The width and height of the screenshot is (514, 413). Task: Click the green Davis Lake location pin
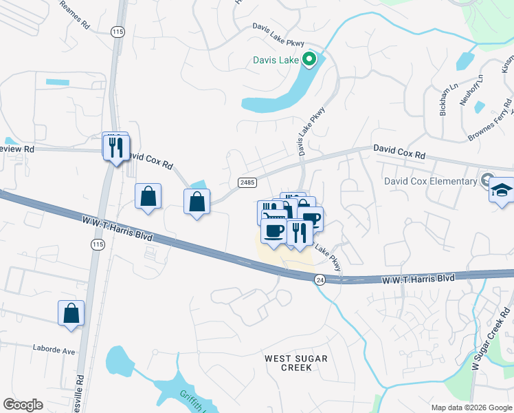point(309,60)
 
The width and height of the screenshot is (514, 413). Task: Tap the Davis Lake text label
point(276,60)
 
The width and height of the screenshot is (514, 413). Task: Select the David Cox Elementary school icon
point(502,190)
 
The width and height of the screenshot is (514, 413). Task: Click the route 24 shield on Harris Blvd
point(320,279)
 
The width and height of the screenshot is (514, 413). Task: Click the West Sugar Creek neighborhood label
point(296,363)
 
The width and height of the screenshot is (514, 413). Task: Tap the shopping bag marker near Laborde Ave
point(71,313)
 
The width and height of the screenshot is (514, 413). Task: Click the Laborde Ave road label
point(54,350)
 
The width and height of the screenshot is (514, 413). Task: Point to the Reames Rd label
point(75,14)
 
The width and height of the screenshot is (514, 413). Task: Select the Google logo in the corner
point(23,405)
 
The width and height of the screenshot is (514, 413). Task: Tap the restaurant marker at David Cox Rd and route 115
point(115,147)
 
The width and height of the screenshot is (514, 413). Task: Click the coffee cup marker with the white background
point(273,231)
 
